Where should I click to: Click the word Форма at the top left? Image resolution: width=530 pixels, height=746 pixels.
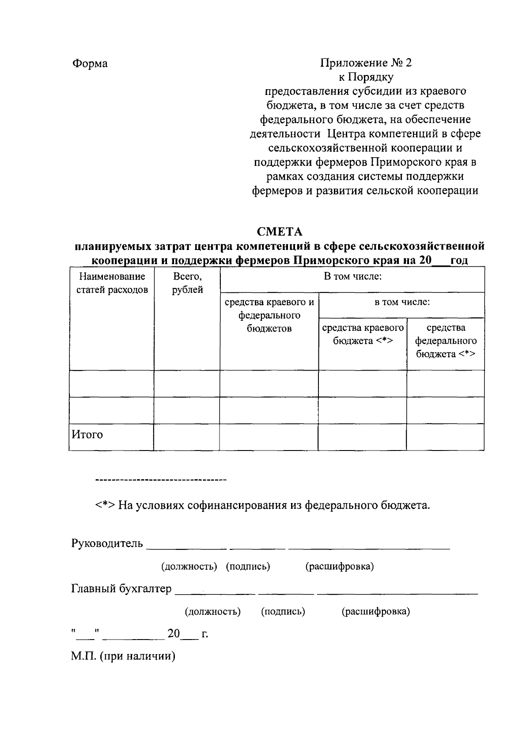coord(90,64)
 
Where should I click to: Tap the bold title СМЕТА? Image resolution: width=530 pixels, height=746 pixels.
coord(280,231)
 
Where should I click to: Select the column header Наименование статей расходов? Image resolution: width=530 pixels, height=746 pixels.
coord(112,283)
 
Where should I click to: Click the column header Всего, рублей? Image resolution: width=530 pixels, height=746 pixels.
coord(187,283)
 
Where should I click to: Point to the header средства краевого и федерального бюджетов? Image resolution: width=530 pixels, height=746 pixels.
coord(269,315)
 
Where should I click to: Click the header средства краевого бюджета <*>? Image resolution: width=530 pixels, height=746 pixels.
coord(363,334)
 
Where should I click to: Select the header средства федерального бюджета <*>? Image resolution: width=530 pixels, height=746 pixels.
coord(446,341)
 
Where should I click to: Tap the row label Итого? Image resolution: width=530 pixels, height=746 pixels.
coord(87,435)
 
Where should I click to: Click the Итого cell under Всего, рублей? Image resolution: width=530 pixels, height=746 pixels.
coord(187,437)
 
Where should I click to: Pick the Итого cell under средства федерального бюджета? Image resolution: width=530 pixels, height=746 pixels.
coord(445,437)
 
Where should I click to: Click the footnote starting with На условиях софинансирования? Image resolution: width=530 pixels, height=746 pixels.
coord(263,505)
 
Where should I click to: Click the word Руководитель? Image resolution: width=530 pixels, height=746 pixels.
coord(107,543)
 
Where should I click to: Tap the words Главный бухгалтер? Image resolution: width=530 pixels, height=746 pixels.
coord(121,589)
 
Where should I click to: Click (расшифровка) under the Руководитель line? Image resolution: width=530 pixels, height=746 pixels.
coord(340,567)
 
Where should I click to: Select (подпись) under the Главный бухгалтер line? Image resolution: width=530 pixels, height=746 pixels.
coord(283,612)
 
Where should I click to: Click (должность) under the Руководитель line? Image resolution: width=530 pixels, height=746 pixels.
coord(189,567)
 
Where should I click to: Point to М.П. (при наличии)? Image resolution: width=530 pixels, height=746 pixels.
coord(123,656)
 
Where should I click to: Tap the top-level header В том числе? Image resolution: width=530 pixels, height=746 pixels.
coord(352,277)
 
